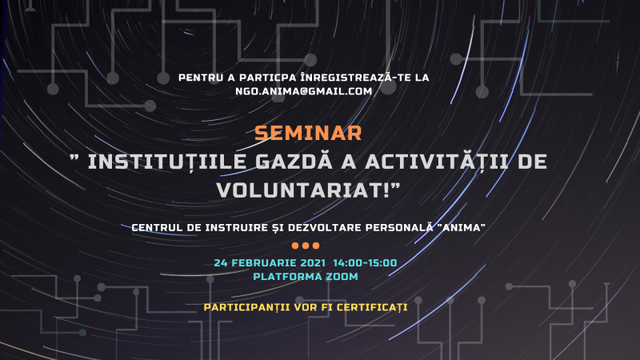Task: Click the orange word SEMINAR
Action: point(309,132)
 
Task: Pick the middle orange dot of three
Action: point(306,246)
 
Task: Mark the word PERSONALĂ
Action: point(401,226)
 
